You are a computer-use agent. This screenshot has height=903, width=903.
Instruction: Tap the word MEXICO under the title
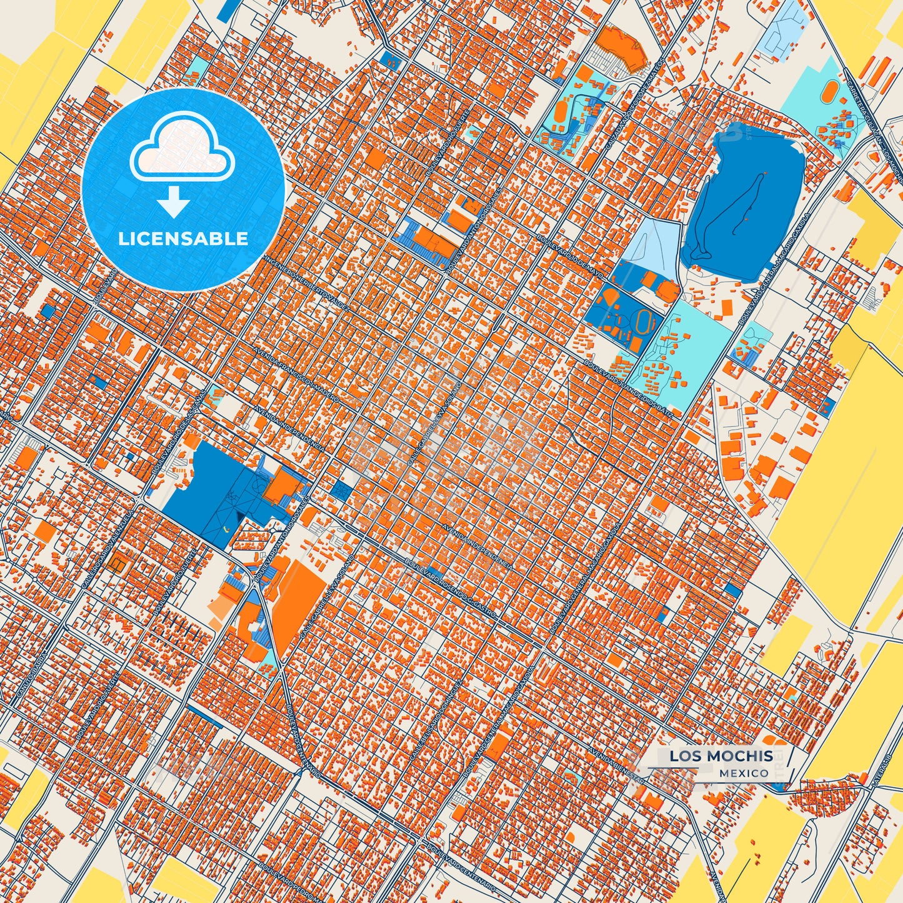click(744, 773)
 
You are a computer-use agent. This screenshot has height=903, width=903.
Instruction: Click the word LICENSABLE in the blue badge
click(183, 239)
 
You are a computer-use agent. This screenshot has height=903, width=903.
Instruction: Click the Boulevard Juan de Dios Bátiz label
click(627, 387)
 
